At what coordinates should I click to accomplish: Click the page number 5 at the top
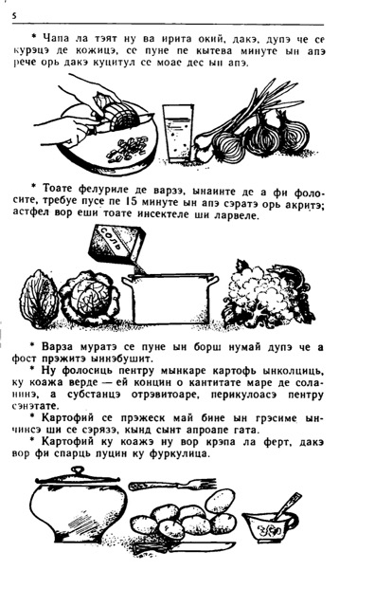[14, 16]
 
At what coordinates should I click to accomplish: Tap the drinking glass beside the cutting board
[178, 132]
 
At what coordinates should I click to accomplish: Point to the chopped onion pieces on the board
[127, 149]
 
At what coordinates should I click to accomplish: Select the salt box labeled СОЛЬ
[116, 244]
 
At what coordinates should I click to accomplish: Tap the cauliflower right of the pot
[268, 294]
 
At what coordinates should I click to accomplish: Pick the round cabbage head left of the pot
[89, 297]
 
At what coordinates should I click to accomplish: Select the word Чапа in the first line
[56, 38]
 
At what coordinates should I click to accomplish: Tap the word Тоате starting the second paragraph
[57, 189]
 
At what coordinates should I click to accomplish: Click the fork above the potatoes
[172, 485]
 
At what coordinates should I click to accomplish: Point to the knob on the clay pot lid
[78, 472]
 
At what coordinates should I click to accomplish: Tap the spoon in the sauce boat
[287, 506]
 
